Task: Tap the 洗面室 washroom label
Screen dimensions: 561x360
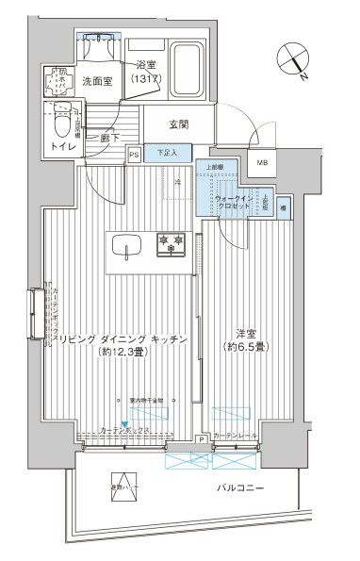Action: click(x=96, y=81)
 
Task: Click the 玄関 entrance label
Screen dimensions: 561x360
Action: click(x=180, y=124)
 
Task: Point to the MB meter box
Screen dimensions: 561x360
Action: click(x=262, y=163)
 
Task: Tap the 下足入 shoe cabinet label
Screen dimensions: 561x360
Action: click(x=168, y=152)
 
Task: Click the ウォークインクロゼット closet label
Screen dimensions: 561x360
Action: click(x=233, y=201)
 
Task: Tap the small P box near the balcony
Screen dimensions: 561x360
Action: click(x=202, y=439)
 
